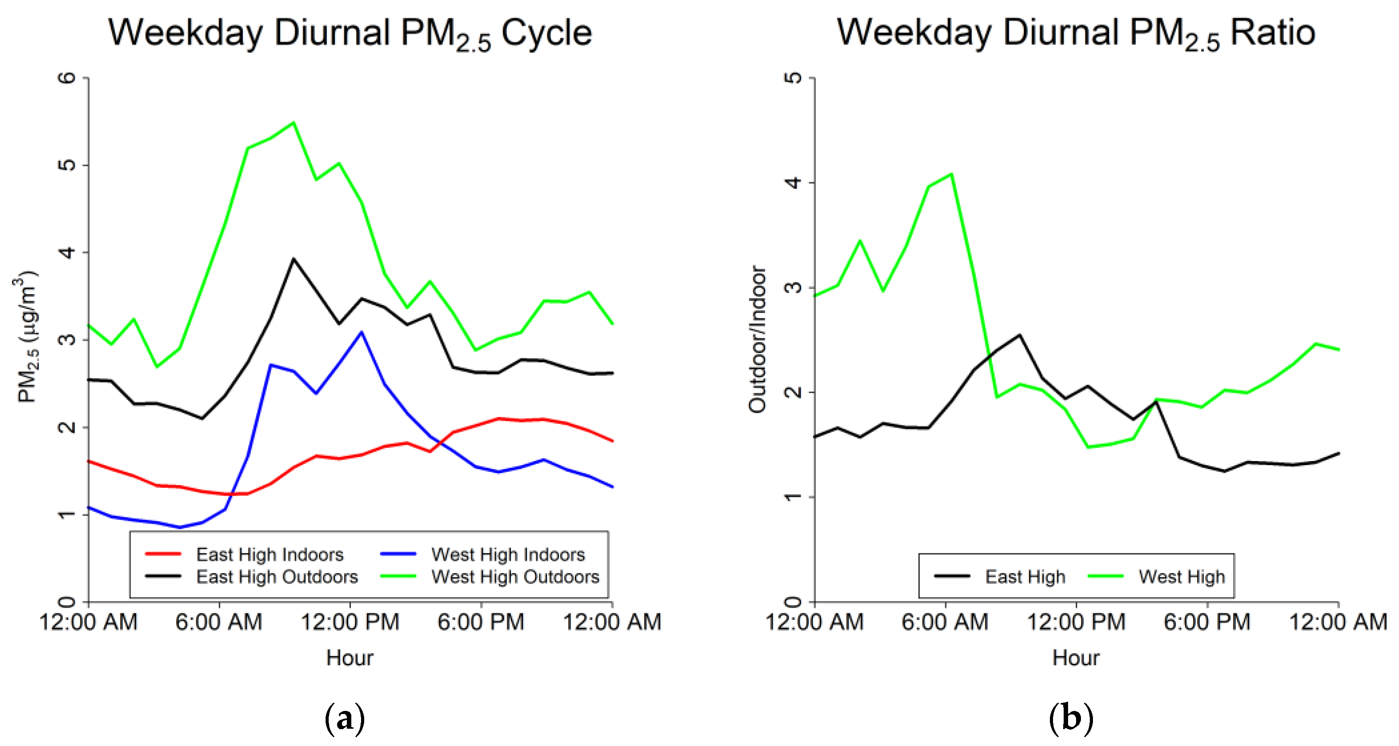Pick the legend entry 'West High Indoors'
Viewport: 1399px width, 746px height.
click(508, 554)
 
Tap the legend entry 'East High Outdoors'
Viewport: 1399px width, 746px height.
click(277, 576)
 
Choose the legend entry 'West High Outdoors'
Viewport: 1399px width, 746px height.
click(515, 576)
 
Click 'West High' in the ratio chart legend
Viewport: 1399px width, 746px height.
click(1181, 576)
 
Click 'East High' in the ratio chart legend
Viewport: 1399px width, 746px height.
click(1025, 576)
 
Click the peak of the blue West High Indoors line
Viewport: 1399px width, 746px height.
click(361, 332)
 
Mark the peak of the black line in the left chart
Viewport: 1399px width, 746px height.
click(293, 259)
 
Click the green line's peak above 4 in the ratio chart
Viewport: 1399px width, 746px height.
click(951, 174)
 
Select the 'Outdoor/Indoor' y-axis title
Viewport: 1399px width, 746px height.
click(757, 339)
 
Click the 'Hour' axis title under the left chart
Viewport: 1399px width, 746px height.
click(349, 658)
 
